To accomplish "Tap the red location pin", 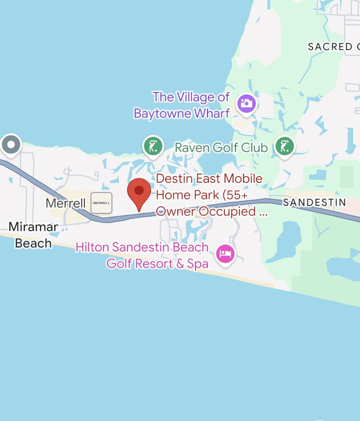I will click(139, 191).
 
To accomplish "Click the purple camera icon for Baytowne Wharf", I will click(246, 103).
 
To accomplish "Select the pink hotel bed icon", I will click(225, 254).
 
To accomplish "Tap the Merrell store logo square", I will click(101, 203).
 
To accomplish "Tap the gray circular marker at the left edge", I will click(11, 144).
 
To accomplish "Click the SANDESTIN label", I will click(314, 202).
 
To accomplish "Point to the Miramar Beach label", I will click(33, 235).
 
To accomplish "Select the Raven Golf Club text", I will click(221, 147).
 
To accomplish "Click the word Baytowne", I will click(162, 113).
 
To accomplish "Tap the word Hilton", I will click(92, 247).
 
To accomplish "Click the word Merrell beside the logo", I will click(66, 203).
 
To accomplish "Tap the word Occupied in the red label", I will click(227, 211).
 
